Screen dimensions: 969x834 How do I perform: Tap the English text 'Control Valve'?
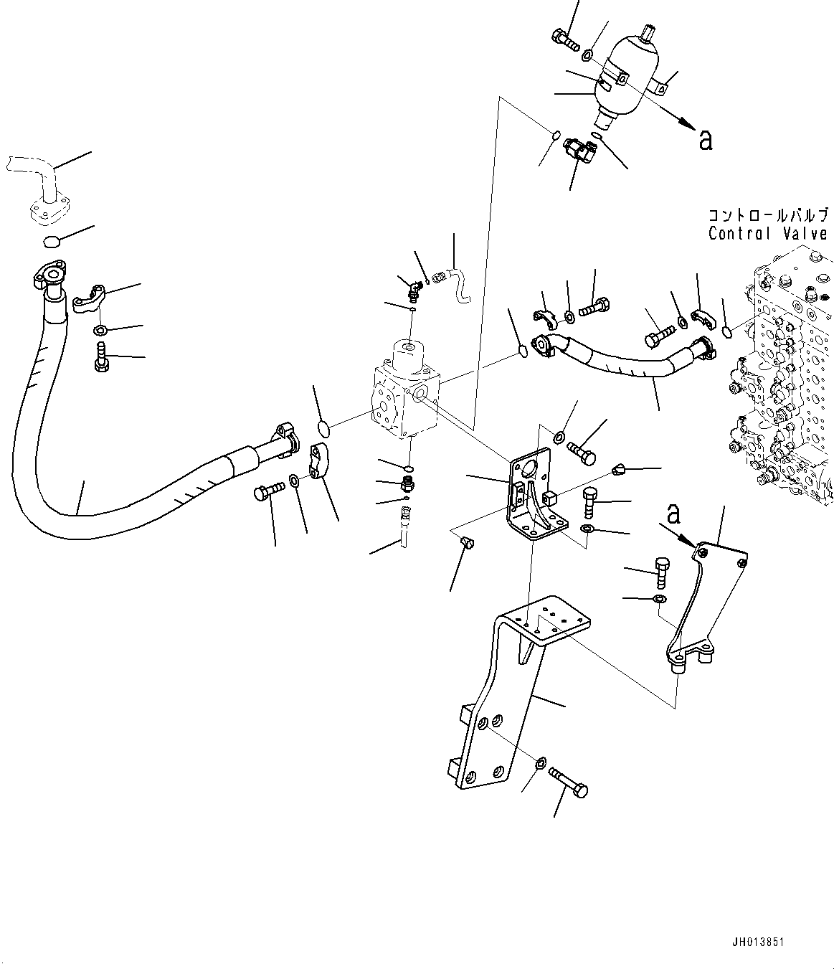coord(767,234)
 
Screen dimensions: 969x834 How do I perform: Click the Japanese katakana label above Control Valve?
coord(767,215)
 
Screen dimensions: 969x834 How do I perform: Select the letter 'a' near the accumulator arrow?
coord(706,140)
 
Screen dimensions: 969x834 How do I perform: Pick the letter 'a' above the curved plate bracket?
coord(673,514)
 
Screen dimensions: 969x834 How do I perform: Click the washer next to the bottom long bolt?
coord(541,761)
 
